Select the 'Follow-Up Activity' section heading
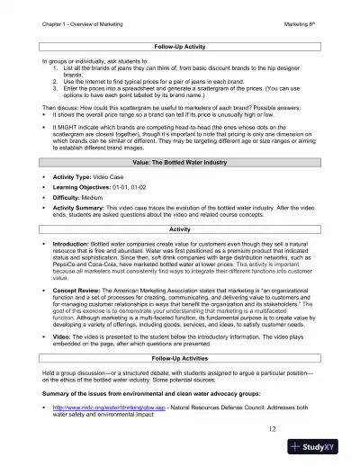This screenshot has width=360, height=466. pos(180,45)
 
